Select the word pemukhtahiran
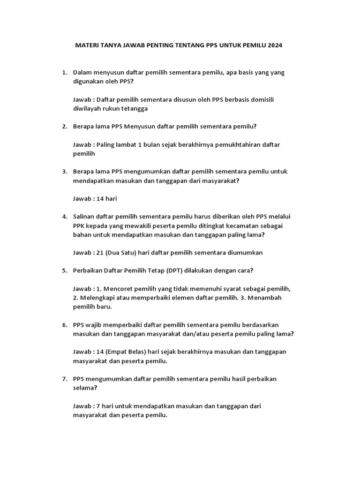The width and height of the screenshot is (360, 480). [237, 144]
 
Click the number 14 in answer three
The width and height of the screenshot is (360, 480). [100, 198]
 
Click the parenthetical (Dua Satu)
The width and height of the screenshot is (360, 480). [123, 252]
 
